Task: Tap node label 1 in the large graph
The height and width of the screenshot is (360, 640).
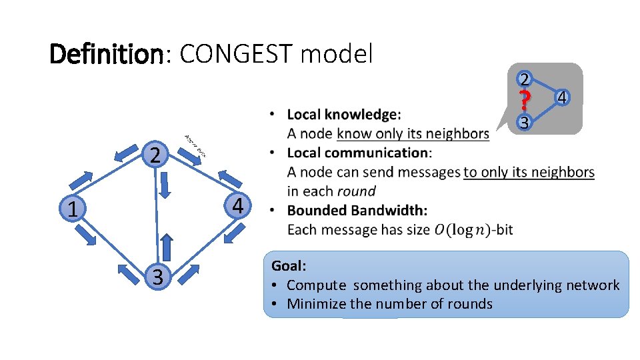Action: (x=72, y=210)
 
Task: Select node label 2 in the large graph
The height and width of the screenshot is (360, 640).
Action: (x=155, y=156)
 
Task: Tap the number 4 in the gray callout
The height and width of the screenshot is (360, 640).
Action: (x=562, y=98)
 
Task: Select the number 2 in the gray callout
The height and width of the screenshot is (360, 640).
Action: (x=525, y=79)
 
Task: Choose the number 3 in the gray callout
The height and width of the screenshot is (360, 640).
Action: (x=525, y=123)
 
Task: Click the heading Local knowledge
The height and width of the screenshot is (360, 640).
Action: (x=344, y=115)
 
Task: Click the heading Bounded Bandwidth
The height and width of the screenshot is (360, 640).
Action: (x=357, y=211)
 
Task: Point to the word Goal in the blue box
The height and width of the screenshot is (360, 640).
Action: (x=287, y=265)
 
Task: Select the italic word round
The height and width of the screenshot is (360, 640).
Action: (x=356, y=191)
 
